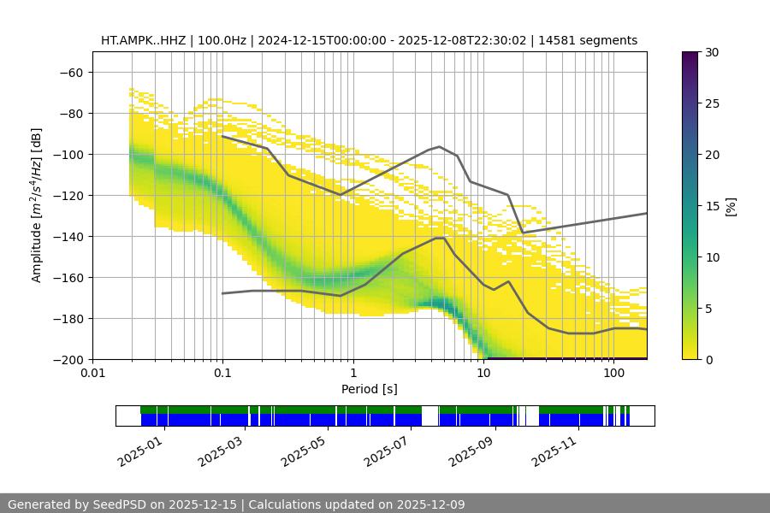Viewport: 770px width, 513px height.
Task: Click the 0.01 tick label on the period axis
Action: click(92, 373)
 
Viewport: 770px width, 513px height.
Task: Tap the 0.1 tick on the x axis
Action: click(222, 373)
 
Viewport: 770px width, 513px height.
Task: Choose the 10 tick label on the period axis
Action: click(483, 373)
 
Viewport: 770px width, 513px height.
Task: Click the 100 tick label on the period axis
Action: click(613, 373)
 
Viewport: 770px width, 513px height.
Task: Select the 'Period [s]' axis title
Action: click(370, 389)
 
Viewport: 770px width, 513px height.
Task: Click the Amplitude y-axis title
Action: click(37, 205)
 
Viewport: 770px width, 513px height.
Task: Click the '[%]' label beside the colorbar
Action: click(730, 206)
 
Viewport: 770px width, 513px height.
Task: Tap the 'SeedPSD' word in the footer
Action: click(119, 504)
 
